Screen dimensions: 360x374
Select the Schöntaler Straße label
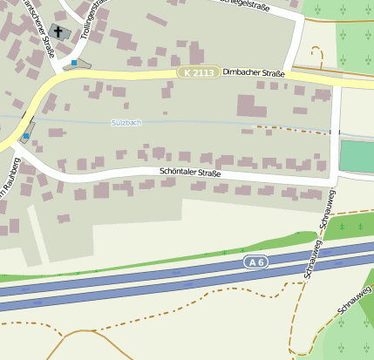pyautogui.click(x=190, y=173)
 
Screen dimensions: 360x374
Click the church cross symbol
pyautogui.click(x=58, y=33)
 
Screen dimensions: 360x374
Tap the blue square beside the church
pyautogui.click(x=75, y=63)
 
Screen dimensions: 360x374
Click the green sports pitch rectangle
pyautogui.click(x=357, y=156)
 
